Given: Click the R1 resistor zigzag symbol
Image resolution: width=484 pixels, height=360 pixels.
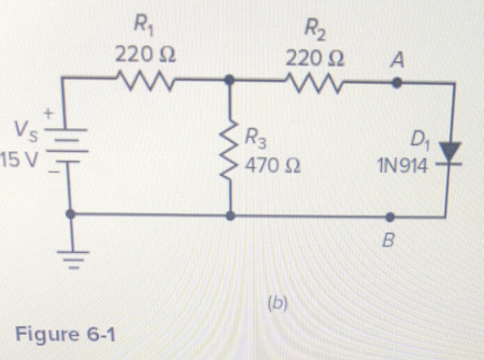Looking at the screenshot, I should (144, 79).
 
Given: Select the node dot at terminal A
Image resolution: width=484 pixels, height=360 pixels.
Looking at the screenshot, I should (396, 82).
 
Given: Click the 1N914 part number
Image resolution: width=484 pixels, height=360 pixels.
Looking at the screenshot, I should (402, 166).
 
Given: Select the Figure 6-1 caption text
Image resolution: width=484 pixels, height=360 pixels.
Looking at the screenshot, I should (65, 335).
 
